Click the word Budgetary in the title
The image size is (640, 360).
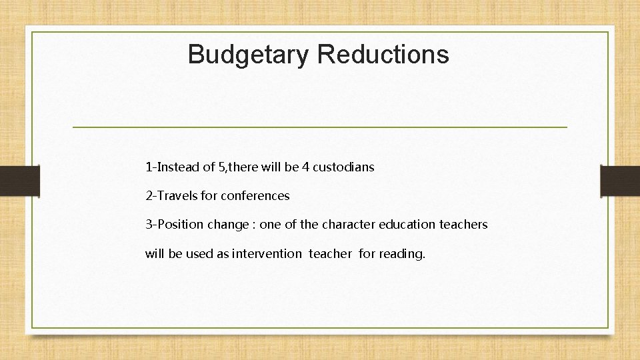pos(248,55)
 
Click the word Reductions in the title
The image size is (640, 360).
pos(383,53)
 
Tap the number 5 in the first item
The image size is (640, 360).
pos(222,167)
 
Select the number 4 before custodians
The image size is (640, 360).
pos(305,167)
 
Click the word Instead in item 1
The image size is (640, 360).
pos(178,167)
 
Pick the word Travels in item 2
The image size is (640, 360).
pos(177,196)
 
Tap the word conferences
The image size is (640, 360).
pos(257,196)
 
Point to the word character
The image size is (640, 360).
pos(347,225)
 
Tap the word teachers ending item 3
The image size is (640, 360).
pos(463,225)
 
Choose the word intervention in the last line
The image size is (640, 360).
pos(267,253)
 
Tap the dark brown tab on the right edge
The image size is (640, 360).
pos(620,181)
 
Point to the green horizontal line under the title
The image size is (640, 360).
pos(319,127)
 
